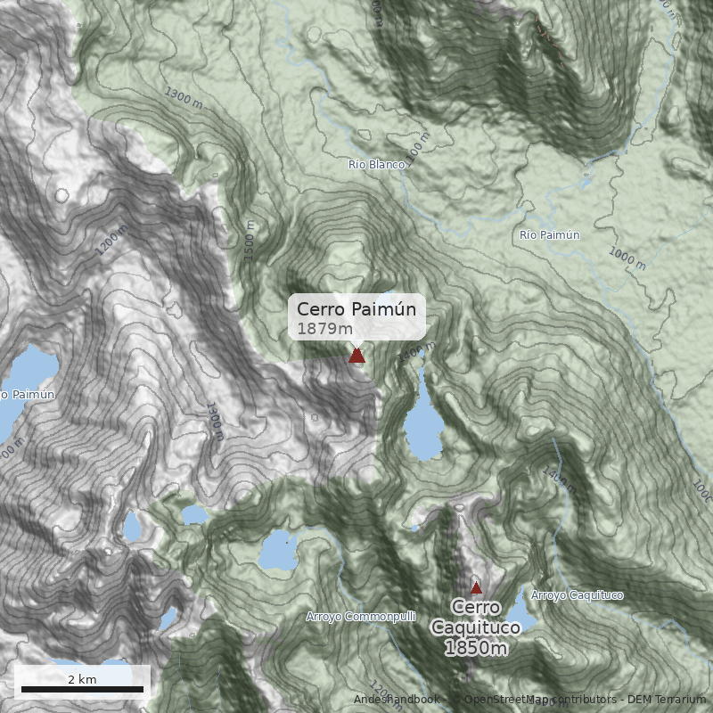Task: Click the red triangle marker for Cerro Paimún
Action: [x=356, y=356]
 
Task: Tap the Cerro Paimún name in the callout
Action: [x=356, y=309]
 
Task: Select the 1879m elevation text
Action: [x=325, y=329]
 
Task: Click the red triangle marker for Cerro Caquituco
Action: [x=476, y=587]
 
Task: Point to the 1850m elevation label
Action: [x=476, y=648]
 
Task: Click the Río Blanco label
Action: [x=376, y=165]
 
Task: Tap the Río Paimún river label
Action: [x=549, y=235]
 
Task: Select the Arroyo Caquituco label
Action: [x=577, y=595]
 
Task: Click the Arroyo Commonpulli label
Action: [x=360, y=616]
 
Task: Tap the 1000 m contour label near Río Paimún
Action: [x=627, y=258]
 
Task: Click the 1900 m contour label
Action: [x=215, y=421]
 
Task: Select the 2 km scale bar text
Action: [x=82, y=679]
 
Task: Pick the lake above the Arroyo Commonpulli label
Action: [x=283, y=551]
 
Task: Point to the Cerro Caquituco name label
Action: [x=476, y=617]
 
